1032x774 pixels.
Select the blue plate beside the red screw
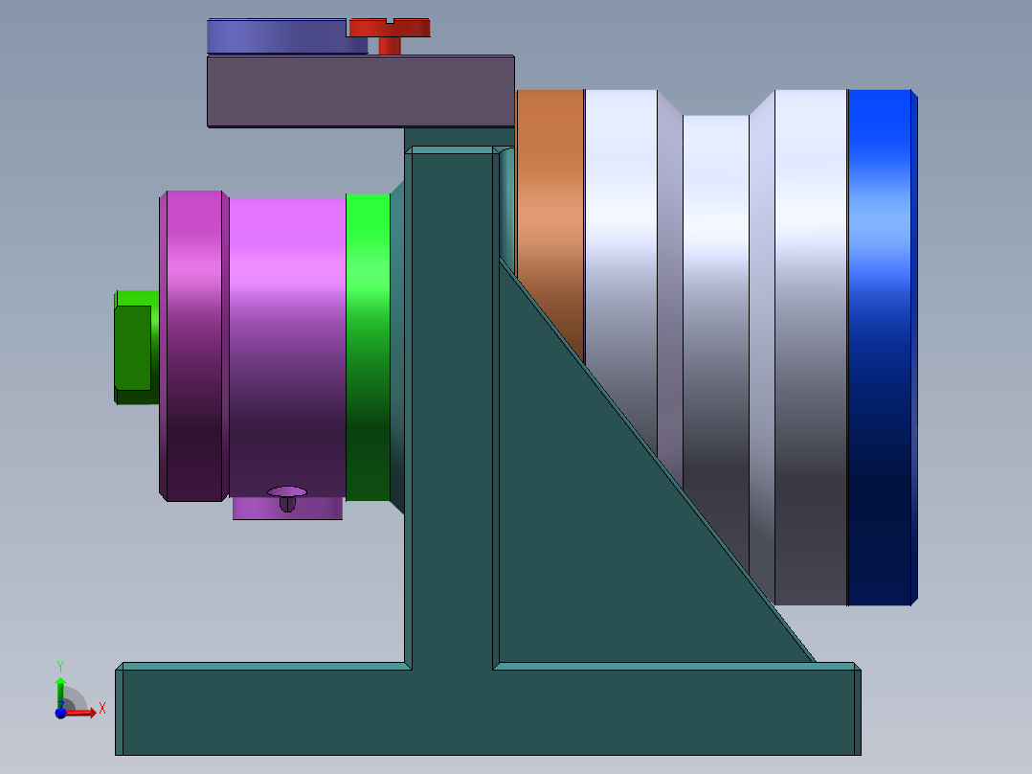(x=278, y=36)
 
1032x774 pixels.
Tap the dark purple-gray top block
(x=360, y=91)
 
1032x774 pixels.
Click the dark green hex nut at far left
(x=133, y=347)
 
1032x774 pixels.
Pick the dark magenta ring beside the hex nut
(x=194, y=345)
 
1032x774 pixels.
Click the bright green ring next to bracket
(x=368, y=345)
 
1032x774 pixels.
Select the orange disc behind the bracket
(x=550, y=192)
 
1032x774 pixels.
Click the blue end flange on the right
(x=881, y=345)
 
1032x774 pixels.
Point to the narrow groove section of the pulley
(x=715, y=287)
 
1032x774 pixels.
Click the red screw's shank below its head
(x=390, y=46)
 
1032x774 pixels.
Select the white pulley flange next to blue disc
(x=810, y=345)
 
